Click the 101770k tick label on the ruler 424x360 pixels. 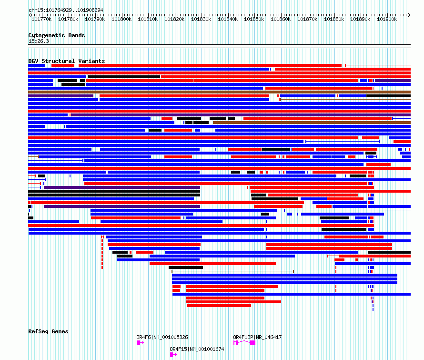(x=41, y=19)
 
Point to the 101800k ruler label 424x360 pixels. (x=121, y=19)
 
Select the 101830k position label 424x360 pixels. (x=201, y=19)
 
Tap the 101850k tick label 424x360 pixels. (x=254, y=19)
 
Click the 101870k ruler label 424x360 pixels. (x=307, y=19)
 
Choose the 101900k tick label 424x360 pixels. (x=386, y=19)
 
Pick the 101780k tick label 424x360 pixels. (x=68, y=19)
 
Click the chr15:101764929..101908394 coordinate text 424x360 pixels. (x=66, y=10)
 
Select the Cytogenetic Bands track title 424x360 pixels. (x=57, y=35)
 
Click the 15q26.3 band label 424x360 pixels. (x=39, y=41)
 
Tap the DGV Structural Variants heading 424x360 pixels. (x=67, y=61)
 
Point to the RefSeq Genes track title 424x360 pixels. (x=48, y=331)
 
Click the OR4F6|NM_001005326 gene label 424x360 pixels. (x=162, y=337)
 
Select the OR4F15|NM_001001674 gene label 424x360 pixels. (x=197, y=349)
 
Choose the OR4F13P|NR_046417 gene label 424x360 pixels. (x=257, y=337)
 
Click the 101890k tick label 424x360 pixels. (x=360, y=19)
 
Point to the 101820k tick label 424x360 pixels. (x=174, y=19)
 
